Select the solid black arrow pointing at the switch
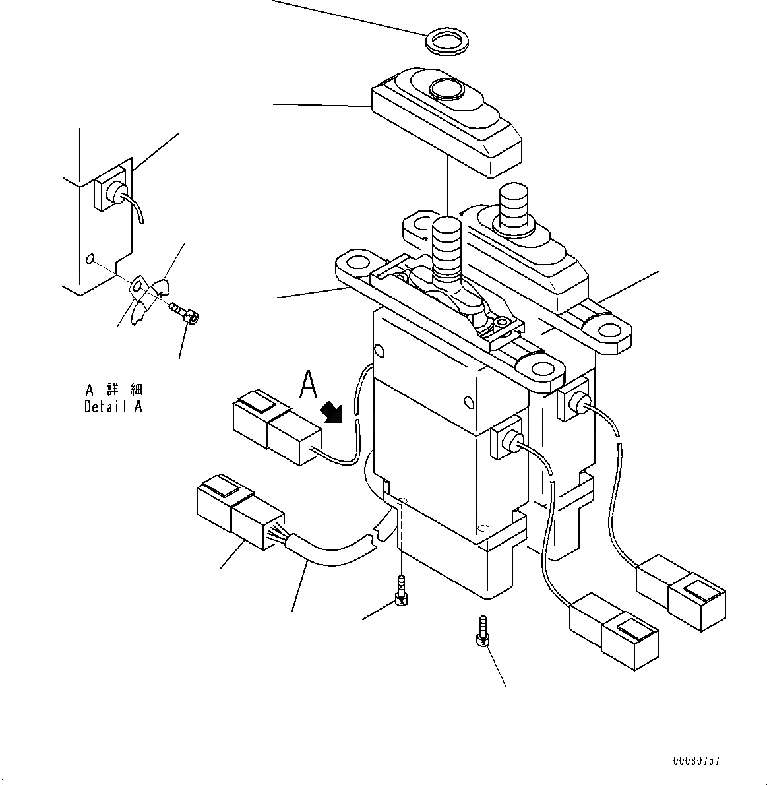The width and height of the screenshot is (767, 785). tap(331, 413)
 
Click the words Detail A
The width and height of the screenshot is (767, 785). tap(113, 407)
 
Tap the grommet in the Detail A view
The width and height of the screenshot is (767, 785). tap(115, 193)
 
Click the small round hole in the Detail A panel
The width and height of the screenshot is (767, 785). tap(90, 258)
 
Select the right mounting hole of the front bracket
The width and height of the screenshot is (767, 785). tap(541, 368)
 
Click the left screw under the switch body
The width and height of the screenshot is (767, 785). tap(401, 589)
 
